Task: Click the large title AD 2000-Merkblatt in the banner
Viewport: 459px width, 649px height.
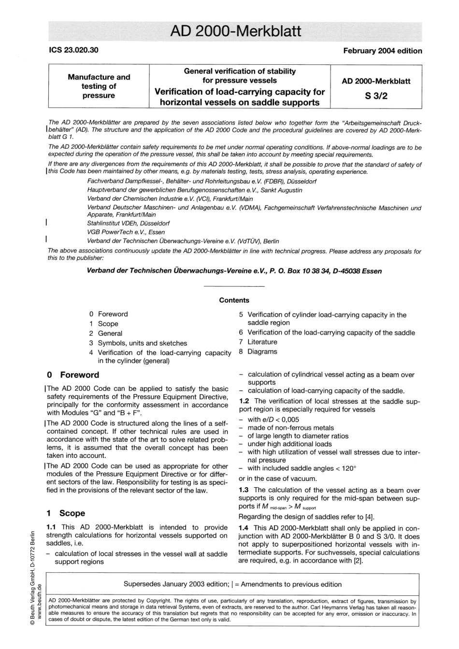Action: [x=235, y=31]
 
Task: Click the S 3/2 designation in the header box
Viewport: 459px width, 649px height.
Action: [x=376, y=96]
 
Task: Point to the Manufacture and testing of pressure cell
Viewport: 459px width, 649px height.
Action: [x=99, y=86]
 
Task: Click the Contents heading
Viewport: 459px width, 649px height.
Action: [x=234, y=300]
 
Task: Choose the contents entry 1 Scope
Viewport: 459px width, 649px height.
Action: [x=103, y=324]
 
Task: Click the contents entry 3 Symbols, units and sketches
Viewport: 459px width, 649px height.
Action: [x=138, y=343]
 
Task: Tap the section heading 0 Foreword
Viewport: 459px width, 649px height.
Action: [x=73, y=375]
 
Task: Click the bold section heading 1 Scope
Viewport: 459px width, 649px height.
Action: [x=66, y=513]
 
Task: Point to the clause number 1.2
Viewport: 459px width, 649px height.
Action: [x=244, y=401]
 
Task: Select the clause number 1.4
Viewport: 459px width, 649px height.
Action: [x=244, y=528]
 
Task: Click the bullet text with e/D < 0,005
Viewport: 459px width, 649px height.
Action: [x=273, y=420]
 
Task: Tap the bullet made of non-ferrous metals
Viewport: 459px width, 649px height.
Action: [x=290, y=428]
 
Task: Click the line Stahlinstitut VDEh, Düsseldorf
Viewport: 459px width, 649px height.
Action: [x=128, y=224]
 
